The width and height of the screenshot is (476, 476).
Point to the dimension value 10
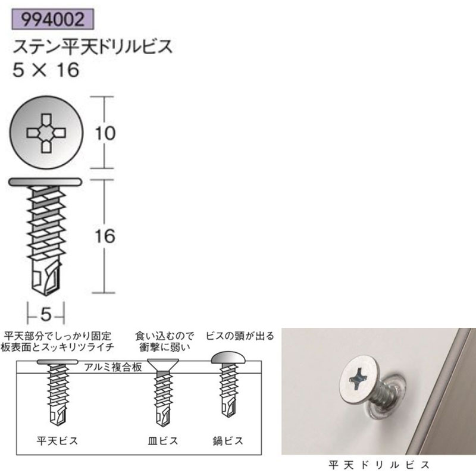click(x=105, y=134)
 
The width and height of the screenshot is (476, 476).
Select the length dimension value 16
click(x=105, y=236)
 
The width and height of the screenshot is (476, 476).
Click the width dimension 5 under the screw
click(x=46, y=312)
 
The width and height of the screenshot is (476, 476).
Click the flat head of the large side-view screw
click(x=46, y=181)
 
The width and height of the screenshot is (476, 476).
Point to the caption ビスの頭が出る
click(x=240, y=336)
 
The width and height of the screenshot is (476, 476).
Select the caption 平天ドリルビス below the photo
click(x=378, y=462)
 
